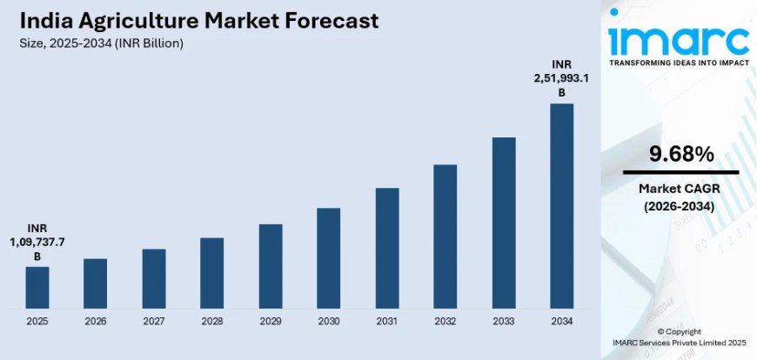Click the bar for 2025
[x=37, y=287]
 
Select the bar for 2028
[x=211, y=273]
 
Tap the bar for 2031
[x=387, y=248]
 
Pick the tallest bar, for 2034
[x=562, y=205]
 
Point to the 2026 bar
[x=96, y=283]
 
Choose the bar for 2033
[x=504, y=223]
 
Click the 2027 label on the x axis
[x=154, y=322]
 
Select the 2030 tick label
[x=329, y=322]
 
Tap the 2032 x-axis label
[x=445, y=322]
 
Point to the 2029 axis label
[x=271, y=322]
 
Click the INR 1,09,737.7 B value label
[x=37, y=241]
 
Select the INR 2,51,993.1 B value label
[x=562, y=78]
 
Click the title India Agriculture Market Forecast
[x=196, y=22]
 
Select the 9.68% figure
[x=681, y=155]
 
